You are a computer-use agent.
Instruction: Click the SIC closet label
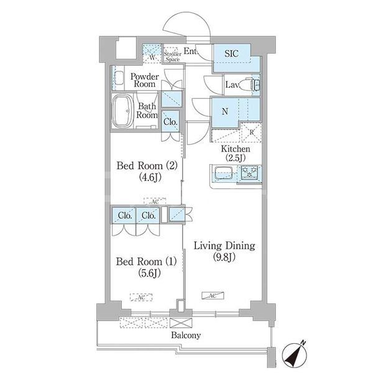231,53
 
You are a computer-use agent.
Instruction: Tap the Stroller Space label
172,57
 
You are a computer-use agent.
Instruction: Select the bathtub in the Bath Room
122,111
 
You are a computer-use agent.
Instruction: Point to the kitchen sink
224,173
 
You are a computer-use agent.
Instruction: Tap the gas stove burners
249,172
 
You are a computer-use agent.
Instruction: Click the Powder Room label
144,80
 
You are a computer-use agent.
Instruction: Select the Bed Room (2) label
147,166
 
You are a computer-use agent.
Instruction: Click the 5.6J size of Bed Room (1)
149,274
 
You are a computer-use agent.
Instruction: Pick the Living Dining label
224,246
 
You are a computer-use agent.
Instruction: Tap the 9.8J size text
224,257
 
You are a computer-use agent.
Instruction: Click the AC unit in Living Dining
213,295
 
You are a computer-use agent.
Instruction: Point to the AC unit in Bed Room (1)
141,297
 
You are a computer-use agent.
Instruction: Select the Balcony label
186,335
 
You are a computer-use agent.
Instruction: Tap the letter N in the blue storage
225,111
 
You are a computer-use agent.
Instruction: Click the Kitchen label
236,149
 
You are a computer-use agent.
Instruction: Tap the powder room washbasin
119,78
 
